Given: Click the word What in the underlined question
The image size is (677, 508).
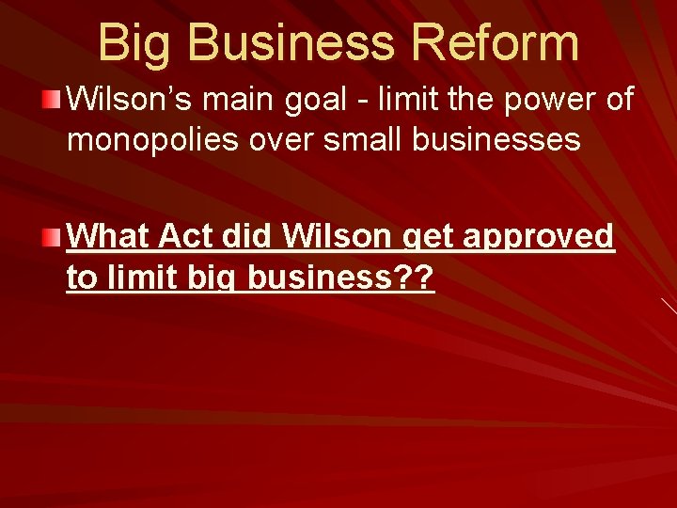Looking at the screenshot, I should (x=108, y=236).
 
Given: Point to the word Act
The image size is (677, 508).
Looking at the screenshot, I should (x=188, y=236).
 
